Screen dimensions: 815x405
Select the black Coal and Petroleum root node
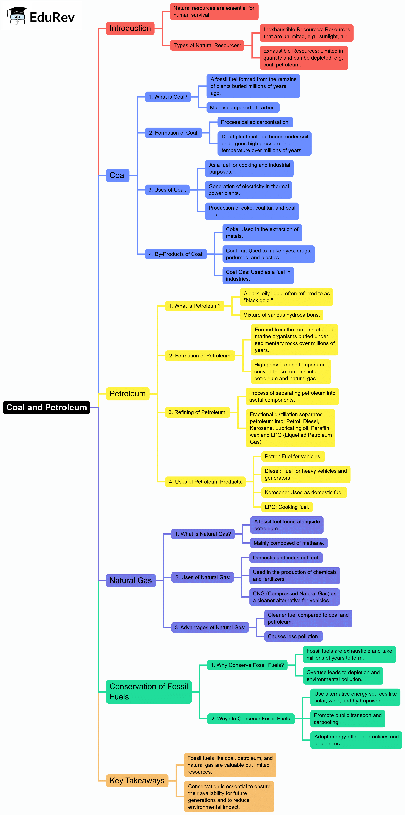click(47, 407)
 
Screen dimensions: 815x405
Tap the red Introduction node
click(130, 28)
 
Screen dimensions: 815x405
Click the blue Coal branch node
click(117, 175)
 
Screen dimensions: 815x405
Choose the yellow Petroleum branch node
click(127, 394)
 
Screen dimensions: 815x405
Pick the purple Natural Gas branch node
click(130, 580)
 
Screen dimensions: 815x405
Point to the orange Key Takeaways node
click(137, 781)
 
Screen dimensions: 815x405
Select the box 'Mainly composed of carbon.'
click(243, 108)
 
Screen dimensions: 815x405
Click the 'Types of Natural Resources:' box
click(207, 45)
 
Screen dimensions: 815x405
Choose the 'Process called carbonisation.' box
click(255, 122)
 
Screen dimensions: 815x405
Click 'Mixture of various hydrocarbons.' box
click(281, 315)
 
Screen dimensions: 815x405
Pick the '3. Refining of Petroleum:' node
click(198, 412)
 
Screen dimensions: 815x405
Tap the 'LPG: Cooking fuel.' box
click(287, 507)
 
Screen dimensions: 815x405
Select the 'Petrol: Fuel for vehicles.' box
click(293, 456)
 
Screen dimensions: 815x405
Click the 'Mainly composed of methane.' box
click(288, 543)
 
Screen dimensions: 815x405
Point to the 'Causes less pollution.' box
click(293, 636)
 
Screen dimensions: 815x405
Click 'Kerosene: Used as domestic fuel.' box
click(304, 492)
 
